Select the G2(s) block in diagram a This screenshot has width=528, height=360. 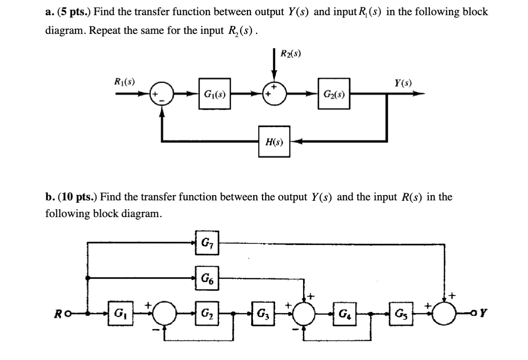coord(334,95)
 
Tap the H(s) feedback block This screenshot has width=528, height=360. coord(274,141)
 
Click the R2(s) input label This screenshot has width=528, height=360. coord(291,53)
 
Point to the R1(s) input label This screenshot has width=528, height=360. coord(124,82)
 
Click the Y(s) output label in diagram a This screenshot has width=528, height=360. coord(403,83)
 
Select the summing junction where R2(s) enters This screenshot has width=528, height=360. coord(274,94)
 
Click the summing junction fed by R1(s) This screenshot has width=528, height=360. coord(161,95)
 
